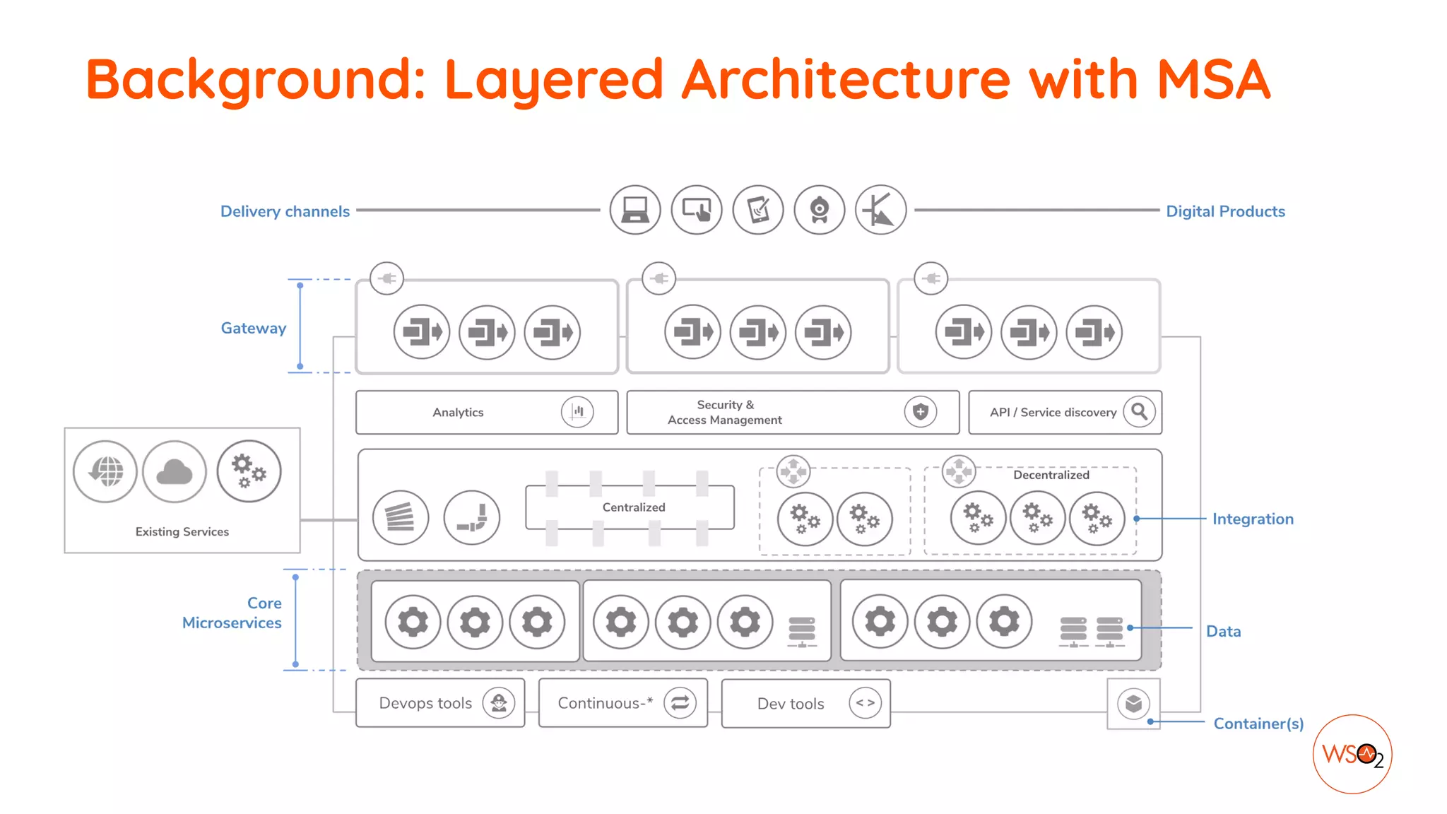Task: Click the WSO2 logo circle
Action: [1352, 754]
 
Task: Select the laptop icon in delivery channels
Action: [635, 210]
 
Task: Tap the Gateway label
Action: [253, 328]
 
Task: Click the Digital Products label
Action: [1225, 211]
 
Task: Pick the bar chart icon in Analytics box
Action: [577, 412]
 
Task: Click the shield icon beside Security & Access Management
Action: [920, 412]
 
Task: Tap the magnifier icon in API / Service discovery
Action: [1139, 411]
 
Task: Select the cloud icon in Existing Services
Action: [175, 472]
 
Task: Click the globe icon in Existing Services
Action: [105, 472]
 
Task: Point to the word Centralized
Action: [634, 507]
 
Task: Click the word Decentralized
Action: [1051, 475]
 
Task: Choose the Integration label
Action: [1253, 519]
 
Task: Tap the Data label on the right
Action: [1223, 631]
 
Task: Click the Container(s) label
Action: [1258, 724]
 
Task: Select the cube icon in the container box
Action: [1133, 704]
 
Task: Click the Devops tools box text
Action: [425, 703]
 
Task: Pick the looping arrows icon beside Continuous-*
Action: [680, 703]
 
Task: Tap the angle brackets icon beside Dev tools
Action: [865, 703]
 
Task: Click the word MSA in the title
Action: [1213, 79]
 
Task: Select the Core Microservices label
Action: [232, 613]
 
